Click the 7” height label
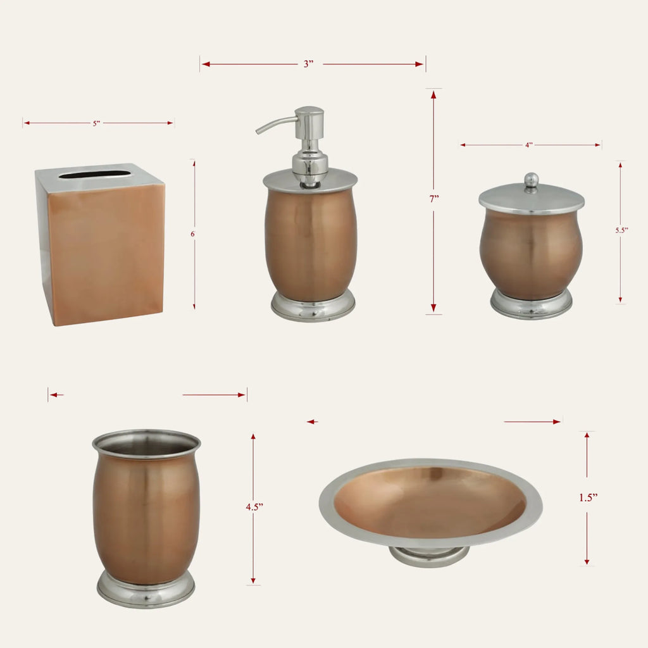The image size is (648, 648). tap(433, 199)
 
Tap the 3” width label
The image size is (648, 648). tap(308, 64)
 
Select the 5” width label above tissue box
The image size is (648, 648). tap(96, 123)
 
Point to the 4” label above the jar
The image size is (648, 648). tap(529, 145)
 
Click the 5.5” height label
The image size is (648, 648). tap(621, 230)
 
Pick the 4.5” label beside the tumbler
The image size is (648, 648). tap(254, 507)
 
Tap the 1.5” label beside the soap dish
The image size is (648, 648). tap(589, 497)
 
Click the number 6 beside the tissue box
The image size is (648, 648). tap(192, 234)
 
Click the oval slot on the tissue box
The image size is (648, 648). tap(95, 175)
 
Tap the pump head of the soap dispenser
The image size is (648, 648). tap(309, 119)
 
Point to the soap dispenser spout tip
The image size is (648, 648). tap(258, 132)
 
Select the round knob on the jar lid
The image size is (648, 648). tap(531, 179)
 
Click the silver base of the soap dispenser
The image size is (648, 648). tap(313, 307)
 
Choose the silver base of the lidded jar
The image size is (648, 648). tap(532, 305)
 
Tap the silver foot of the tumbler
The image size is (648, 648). tap(146, 590)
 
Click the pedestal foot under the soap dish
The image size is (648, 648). tap(430, 556)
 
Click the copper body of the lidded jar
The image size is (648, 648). tap(532, 253)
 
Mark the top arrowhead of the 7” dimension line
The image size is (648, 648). tap(433, 95)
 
